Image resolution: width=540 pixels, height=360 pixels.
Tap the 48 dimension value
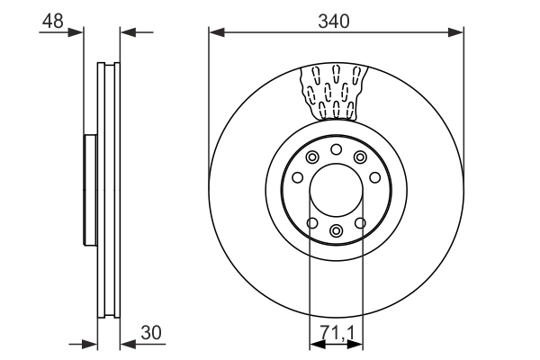tap(53, 20)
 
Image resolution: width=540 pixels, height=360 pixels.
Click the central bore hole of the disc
tap(336, 191)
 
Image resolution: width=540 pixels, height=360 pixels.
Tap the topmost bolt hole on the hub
tap(336, 149)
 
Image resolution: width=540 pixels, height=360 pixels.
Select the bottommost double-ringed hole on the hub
tap(336, 232)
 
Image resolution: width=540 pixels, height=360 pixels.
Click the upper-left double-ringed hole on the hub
tap(311, 158)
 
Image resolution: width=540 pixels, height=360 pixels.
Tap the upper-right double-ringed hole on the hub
tap(360, 158)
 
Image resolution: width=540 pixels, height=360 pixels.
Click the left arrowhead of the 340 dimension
tap(215, 33)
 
